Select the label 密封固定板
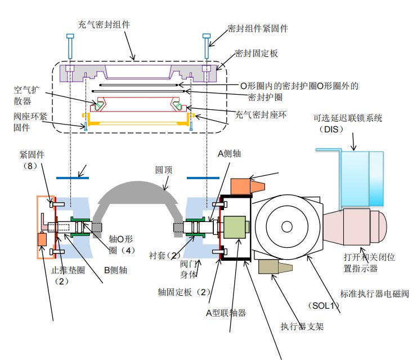tap(256, 54)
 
